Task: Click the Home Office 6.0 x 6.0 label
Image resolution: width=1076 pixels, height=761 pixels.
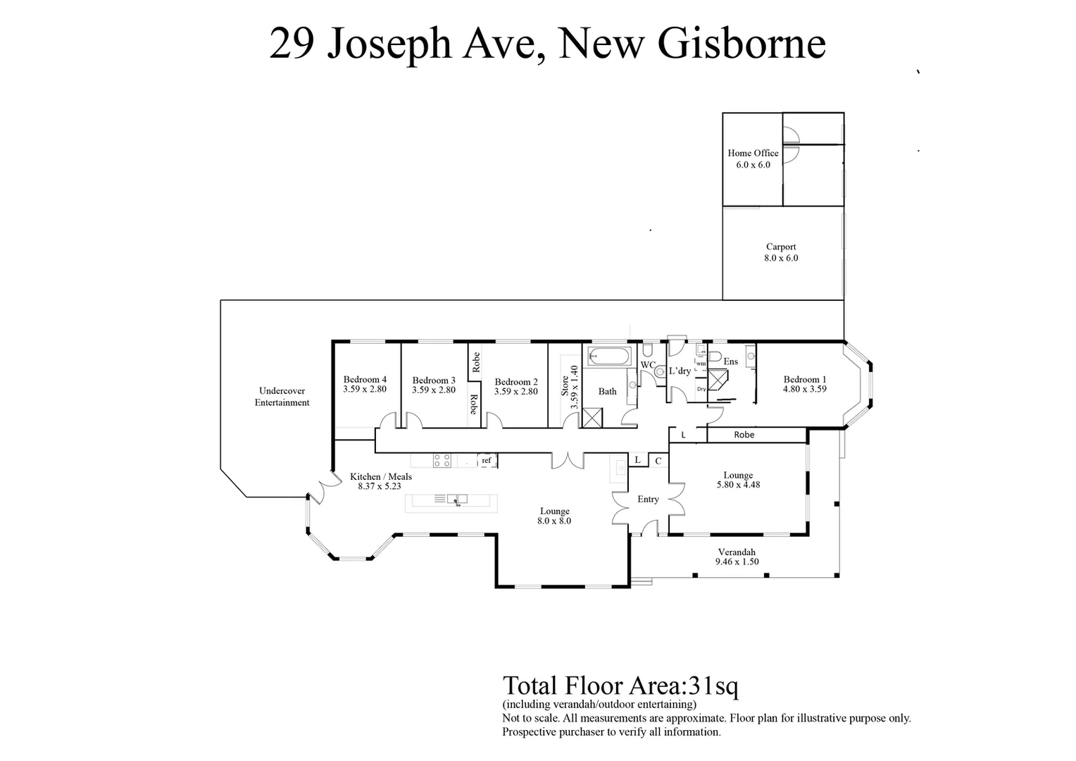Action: point(753,159)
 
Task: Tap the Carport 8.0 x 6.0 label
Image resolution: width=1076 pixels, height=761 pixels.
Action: point(781,252)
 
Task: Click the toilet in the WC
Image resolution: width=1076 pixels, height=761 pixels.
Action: point(660,371)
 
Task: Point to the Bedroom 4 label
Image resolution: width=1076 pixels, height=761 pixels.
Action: point(365,379)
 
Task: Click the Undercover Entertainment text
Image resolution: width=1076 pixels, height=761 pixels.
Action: point(282,397)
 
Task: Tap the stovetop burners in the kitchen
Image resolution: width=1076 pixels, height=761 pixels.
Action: point(442,461)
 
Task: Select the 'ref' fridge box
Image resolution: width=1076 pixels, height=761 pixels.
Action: point(487,460)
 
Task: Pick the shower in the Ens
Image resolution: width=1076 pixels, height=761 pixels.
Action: point(718,381)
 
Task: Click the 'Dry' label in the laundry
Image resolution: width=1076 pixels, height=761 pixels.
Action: point(701,389)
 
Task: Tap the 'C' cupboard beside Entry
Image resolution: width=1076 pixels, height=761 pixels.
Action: point(658,461)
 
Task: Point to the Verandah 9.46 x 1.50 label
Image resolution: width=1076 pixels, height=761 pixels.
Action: point(737,557)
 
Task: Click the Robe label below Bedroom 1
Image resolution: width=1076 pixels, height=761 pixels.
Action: point(744,435)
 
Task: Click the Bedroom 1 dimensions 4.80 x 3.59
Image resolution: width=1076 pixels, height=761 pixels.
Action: point(804,389)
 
